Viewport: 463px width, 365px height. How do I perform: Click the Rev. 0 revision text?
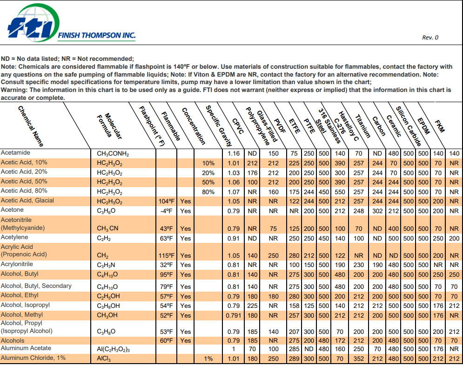[430, 38]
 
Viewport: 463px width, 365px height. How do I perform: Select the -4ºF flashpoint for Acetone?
[167, 211]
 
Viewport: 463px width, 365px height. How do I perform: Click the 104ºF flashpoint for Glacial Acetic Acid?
[166, 201]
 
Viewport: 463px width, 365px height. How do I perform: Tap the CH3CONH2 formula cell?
[113, 153]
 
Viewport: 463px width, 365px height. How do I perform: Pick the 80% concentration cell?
[208, 191]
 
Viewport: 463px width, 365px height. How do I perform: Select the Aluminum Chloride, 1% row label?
[33, 358]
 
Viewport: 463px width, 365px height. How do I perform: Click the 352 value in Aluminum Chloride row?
[358, 358]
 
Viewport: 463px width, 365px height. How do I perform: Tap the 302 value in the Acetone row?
[377, 211]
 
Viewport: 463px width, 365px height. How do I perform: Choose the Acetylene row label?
[14, 238]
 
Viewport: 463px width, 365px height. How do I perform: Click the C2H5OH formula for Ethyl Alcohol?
[108, 296]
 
